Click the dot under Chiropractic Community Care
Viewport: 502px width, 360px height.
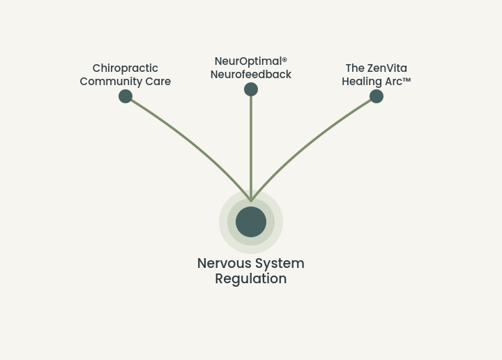(x=125, y=96)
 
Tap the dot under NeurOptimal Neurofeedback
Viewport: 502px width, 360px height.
(x=251, y=89)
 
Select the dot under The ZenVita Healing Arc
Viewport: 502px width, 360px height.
(x=376, y=96)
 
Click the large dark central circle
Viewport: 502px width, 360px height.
(x=251, y=222)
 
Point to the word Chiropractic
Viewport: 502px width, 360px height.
(x=125, y=68)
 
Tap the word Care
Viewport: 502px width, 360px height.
(x=158, y=82)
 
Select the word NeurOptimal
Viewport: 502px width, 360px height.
(x=248, y=61)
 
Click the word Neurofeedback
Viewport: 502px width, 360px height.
(x=251, y=75)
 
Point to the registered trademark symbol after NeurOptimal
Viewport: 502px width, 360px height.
(x=284, y=59)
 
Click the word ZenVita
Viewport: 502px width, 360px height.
(x=388, y=68)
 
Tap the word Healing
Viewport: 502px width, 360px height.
(x=362, y=82)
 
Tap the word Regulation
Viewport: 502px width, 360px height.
(x=251, y=278)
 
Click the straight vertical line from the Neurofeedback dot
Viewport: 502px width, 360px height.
(x=251, y=149)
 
